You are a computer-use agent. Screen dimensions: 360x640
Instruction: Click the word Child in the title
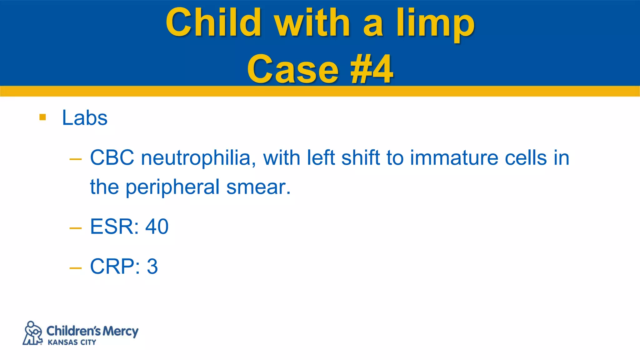(x=213, y=22)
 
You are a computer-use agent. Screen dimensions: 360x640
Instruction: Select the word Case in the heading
(x=293, y=69)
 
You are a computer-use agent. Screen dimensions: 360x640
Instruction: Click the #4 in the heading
(x=372, y=69)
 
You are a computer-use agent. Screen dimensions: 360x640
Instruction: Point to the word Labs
(x=85, y=118)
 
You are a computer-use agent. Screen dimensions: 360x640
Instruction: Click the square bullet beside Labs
(x=43, y=117)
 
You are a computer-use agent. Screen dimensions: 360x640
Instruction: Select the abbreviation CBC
(x=112, y=157)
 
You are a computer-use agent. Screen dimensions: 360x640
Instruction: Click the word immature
(x=454, y=157)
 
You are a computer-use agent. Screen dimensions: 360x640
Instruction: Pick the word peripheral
(x=172, y=187)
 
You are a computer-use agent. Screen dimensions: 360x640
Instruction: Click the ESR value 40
(x=157, y=227)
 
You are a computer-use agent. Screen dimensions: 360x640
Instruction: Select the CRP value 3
(x=152, y=266)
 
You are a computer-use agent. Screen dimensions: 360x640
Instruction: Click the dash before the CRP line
(x=76, y=268)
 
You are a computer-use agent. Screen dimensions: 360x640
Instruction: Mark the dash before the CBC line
(x=76, y=159)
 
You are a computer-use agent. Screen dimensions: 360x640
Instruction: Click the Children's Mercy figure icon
(x=32, y=333)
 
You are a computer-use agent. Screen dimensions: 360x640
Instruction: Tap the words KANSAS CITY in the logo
(x=72, y=342)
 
